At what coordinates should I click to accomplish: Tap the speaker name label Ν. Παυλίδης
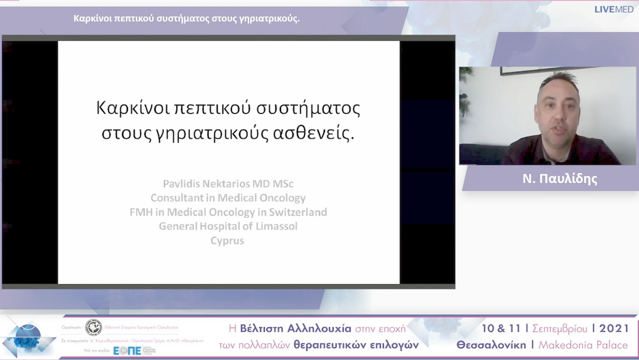click(560, 179)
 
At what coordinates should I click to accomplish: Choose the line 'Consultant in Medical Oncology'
click(228, 198)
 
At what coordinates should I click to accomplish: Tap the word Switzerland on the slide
click(295, 212)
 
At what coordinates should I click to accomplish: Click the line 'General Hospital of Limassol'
click(228, 226)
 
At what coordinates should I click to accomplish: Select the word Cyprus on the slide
click(227, 240)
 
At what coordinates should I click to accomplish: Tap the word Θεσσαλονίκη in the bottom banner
click(491, 345)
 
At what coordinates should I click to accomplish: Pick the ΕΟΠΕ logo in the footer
click(127, 351)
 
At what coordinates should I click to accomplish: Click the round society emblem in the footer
click(93, 327)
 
